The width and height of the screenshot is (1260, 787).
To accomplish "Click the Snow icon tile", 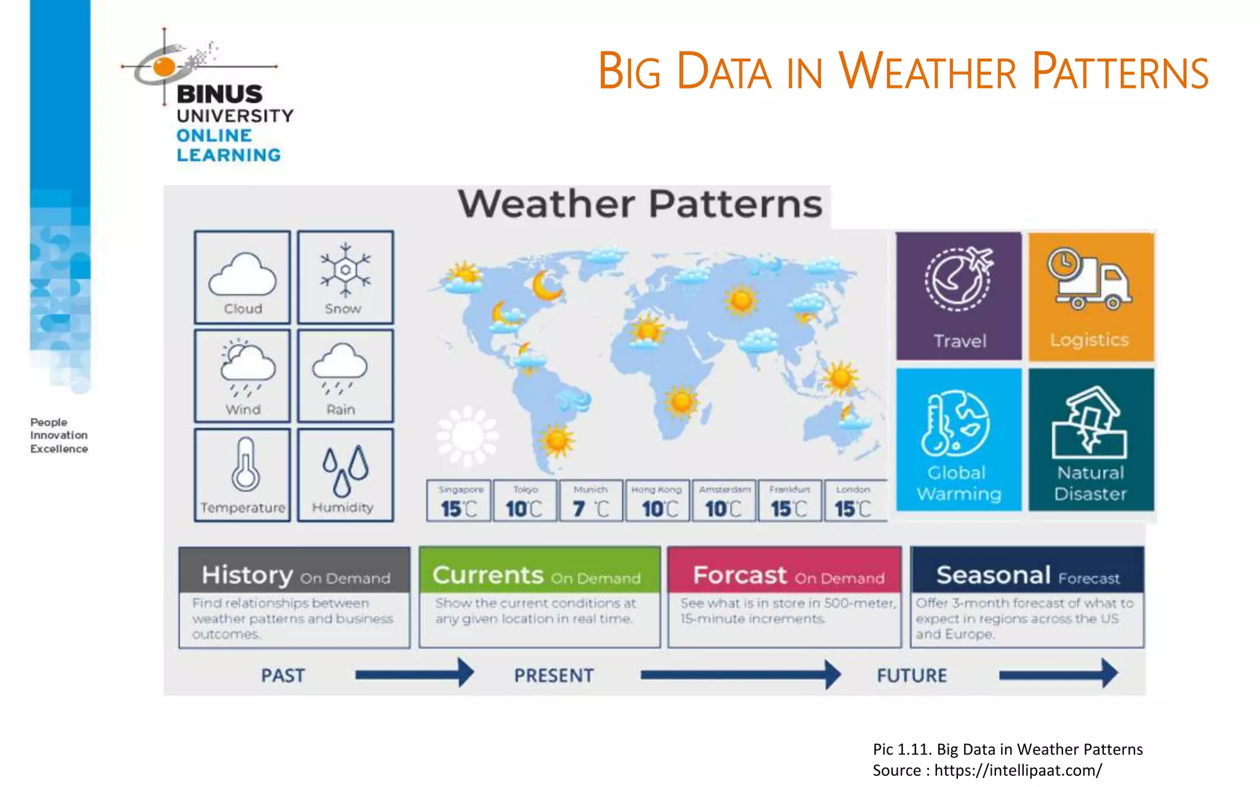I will [x=345, y=277].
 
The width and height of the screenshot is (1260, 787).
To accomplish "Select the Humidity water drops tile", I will [x=345, y=475].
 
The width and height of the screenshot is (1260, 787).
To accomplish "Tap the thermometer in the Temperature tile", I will [x=245, y=465].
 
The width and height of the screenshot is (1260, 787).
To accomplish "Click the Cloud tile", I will [x=242, y=277].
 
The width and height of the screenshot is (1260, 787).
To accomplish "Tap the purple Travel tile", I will [x=959, y=296].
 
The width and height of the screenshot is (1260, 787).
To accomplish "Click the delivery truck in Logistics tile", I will [x=1090, y=279].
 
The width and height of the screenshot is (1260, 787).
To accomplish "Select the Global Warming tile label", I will [x=958, y=483].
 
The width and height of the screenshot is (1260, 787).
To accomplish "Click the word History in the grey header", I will [x=247, y=575].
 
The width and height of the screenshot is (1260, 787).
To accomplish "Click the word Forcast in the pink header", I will [x=740, y=575].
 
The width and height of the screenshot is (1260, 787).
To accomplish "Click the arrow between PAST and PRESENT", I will [x=413, y=674].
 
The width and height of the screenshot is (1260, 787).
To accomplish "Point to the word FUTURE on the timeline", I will [x=912, y=675].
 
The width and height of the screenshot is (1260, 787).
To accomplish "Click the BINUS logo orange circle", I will [x=164, y=66].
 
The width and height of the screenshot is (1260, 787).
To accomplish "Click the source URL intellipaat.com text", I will [x=1018, y=770].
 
